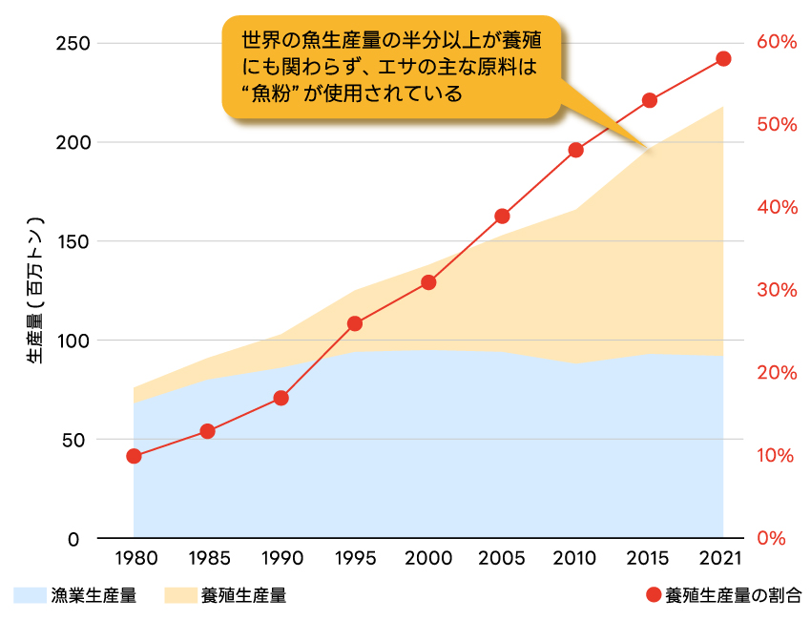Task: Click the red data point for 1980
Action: (134, 456)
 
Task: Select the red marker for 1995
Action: (355, 323)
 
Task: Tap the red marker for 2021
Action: (723, 59)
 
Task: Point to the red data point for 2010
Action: (575, 150)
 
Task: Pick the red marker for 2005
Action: (502, 216)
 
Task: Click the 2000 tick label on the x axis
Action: (428, 557)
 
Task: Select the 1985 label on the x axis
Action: (207, 557)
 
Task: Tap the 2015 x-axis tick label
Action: (649, 557)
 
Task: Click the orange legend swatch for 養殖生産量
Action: (179, 596)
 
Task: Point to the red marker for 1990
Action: (281, 398)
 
